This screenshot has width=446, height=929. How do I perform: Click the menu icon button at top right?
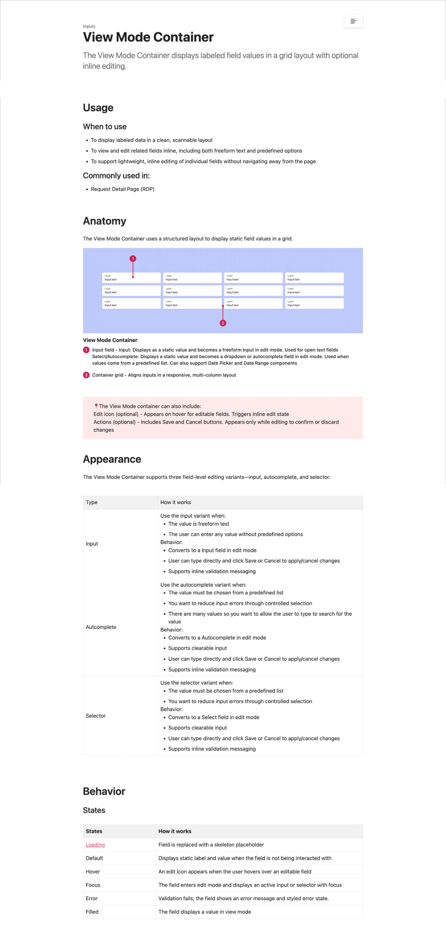pyautogui.click(x=353, y=21)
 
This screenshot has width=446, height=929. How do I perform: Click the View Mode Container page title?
pyautogui.click(x=148, y=37)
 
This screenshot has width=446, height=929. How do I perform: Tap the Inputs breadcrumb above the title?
pyautogui.click(x=89, y=26)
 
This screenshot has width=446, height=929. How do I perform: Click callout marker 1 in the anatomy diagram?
pyautogui.click(x=133, y=259)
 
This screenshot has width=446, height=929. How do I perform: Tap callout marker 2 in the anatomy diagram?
pyautogui.click(x=223, y=323)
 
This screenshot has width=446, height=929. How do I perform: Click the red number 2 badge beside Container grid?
pyautogui.click(x=86, y=375)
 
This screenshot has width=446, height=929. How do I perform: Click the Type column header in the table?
pyautogui.click(x=92, y=502)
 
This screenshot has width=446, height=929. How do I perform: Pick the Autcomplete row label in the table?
pyautogui.click(x=101, y=627)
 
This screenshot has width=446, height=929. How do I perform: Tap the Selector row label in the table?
pyautogui.click(x=96, y=716)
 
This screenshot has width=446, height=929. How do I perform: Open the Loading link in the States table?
pyautogui.click(x=95, y=845)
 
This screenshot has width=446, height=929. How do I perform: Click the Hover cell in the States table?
pyautogui.click(x=93, y=872)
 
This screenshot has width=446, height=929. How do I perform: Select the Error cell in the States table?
pyautogui.click(x=92, y=898)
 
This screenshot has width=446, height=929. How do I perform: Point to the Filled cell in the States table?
pyautogui.click(x=92, y=912)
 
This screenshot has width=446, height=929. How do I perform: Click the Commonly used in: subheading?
pyautogui.click(x=116, y=176)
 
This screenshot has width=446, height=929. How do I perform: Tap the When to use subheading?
pyautogui.click(x=105, y=127)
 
